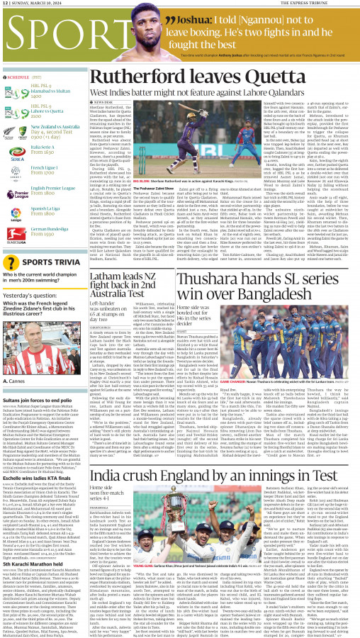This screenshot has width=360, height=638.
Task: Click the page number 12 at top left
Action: (6, 4)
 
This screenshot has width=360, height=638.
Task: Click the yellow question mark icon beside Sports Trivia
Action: (11, 262)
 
